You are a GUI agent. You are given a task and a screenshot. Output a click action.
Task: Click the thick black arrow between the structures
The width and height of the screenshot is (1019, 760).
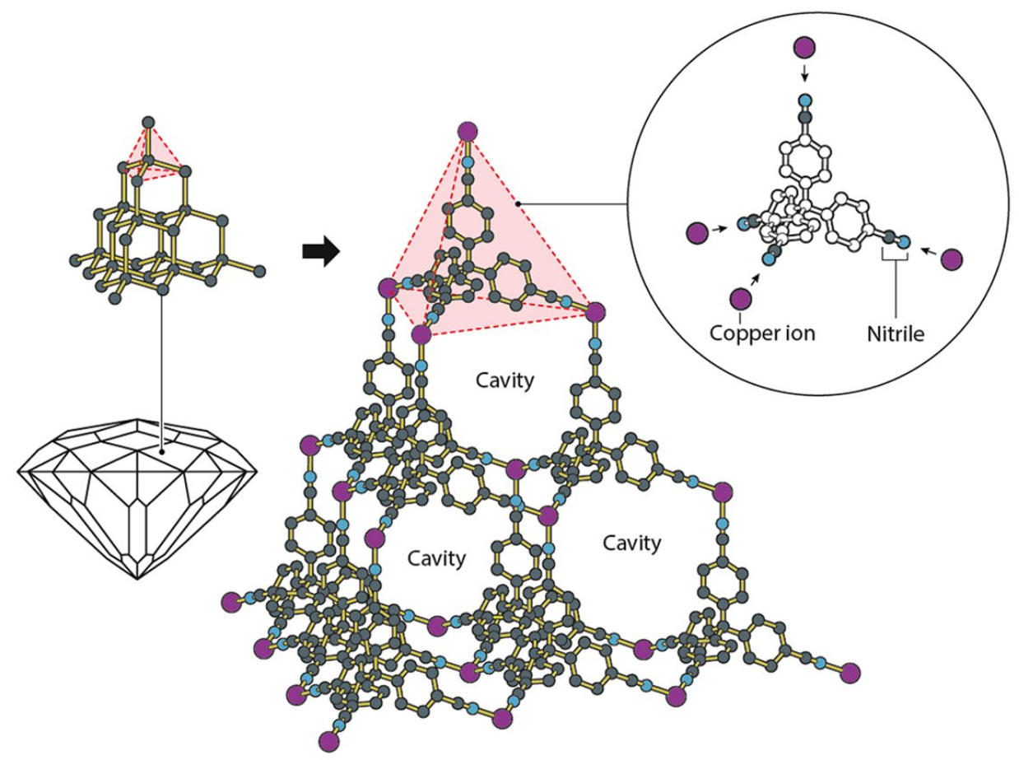click(320, 252)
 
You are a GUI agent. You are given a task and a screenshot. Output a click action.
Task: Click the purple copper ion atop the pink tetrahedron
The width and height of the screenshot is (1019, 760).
click(468, 131)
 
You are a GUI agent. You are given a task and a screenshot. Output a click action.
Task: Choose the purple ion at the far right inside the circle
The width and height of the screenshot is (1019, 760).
click(952, 259)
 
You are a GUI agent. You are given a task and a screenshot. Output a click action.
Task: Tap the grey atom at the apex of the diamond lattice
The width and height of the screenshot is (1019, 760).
click(148, 123)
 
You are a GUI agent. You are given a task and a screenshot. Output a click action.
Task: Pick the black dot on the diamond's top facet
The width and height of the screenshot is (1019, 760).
click(162, 451)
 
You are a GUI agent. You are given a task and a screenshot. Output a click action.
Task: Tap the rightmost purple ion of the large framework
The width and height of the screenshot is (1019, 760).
click(850, 672)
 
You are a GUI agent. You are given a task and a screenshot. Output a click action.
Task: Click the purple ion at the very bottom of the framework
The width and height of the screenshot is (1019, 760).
click(330, 738)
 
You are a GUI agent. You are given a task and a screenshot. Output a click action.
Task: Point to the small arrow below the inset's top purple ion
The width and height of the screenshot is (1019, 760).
click(805, 75)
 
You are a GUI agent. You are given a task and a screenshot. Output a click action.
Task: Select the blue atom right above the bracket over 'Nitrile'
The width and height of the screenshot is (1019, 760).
click(905, 242)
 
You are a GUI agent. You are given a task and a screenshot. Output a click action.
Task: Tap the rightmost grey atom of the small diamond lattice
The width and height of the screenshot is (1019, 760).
click(260, 270)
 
